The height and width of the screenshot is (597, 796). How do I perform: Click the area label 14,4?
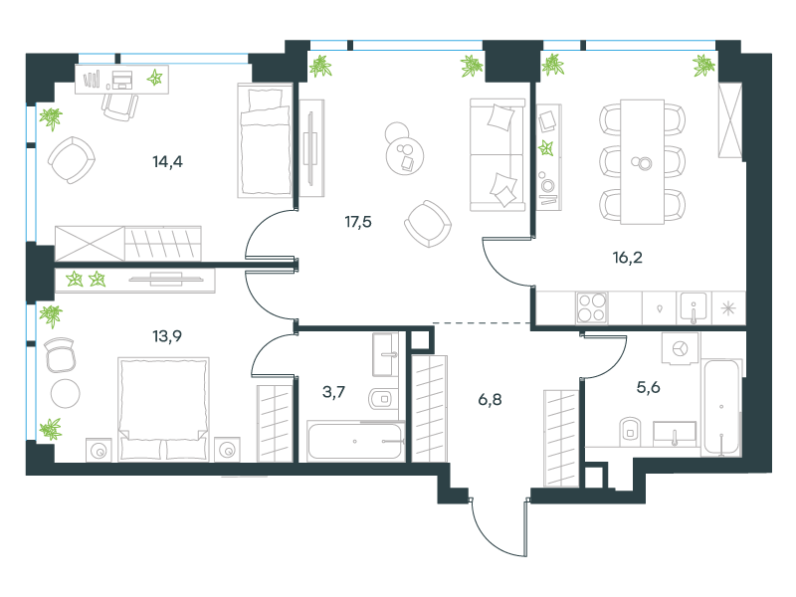click(167, 162)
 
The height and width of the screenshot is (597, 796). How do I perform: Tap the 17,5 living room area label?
click(358, 222)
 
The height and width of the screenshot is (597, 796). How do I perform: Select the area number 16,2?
click(628, 258)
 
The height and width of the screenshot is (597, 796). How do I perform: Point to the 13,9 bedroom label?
click(167, 336)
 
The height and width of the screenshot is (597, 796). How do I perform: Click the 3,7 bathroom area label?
click(333, 392)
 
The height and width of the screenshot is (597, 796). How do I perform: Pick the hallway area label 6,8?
click(490, 400)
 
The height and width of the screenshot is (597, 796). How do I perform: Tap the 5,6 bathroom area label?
click(649, 388)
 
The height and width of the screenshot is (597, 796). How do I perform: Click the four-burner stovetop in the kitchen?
click(591, 307)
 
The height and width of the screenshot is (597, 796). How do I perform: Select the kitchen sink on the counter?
click(693, 307)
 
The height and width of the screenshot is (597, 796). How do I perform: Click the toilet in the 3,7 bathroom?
click(383, 399)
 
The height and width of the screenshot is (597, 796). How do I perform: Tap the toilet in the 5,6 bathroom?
click(630, 432)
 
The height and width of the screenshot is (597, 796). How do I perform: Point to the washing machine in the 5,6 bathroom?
click(680, 349)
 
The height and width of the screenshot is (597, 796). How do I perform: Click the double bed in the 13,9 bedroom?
click(163, 409)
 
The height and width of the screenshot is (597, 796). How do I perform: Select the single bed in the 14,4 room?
click(265, 140)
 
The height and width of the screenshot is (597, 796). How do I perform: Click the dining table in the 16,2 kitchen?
click(642, 162)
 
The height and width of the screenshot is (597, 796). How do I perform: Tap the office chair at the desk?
click(119, 106)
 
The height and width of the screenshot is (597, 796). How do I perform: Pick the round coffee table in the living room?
click(405, 155)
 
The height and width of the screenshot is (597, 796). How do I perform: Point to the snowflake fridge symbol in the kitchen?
click(728, 308)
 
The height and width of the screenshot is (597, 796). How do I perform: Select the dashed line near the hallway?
click(482, 322)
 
